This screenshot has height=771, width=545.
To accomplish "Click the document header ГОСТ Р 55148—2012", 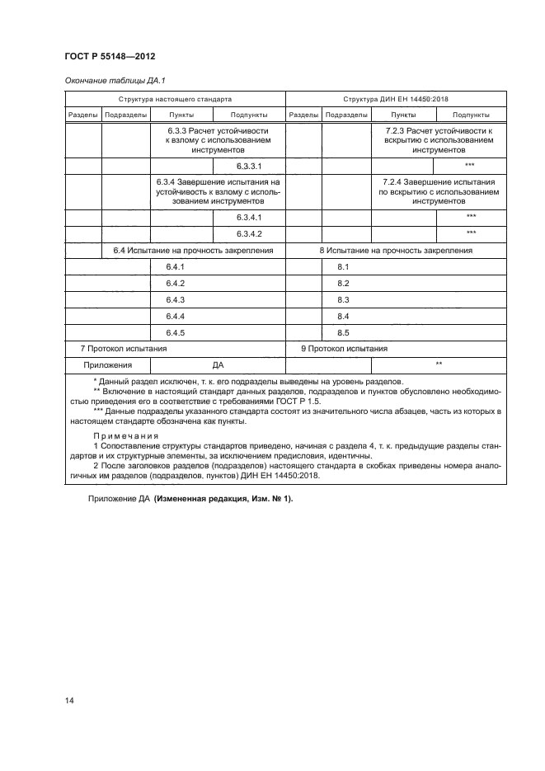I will click(110, 57).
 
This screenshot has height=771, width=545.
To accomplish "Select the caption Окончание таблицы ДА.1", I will click(110, 81).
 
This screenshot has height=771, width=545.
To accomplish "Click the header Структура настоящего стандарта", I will click(174, 98).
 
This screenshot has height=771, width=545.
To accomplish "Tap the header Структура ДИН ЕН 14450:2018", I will click(395, 98).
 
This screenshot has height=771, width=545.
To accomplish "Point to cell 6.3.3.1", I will click(248, 166).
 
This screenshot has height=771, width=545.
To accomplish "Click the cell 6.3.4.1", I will click(248, 217).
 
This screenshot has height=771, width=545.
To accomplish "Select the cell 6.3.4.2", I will click(248, 233).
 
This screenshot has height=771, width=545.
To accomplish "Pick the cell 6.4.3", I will click(175, 299).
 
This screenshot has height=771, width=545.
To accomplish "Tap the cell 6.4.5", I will click(175, 332).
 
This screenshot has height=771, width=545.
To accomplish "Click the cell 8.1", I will click(344, 267).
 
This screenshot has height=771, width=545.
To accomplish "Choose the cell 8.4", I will click(344, 317).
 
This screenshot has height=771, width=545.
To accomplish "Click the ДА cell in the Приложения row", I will click(218, 364).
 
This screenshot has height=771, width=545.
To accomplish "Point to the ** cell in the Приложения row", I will click(439, 364).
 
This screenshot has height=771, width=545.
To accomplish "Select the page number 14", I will click(70, 700).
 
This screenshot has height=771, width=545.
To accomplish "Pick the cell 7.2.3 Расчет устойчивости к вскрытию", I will click(438, 141).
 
